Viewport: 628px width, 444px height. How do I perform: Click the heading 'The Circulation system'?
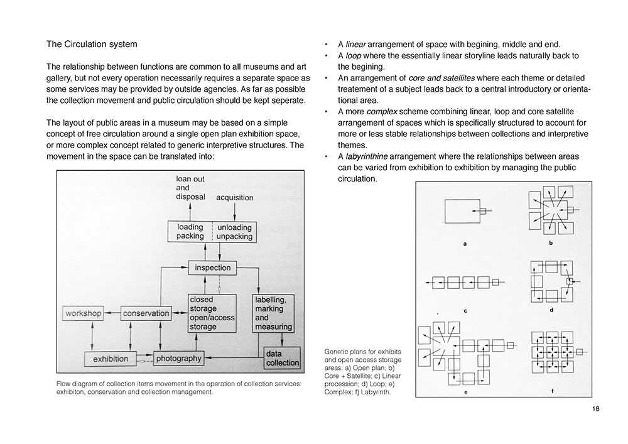point(92,45)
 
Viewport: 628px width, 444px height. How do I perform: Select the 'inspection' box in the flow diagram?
point(213,268)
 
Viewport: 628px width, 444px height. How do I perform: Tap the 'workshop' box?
point(83,313)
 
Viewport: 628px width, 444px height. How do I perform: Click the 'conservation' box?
point(145,313)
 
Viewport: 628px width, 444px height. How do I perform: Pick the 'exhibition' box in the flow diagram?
point(111,359)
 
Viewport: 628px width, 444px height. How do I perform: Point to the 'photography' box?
point(178,359)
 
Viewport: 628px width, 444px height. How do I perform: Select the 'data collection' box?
point(283,358)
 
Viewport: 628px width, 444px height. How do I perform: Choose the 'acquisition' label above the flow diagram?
point(234,197)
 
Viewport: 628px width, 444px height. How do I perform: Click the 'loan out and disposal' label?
point(190,188)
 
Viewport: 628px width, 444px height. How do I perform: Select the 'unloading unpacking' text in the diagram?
point(235,232)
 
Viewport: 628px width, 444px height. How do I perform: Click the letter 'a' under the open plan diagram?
point(465,244)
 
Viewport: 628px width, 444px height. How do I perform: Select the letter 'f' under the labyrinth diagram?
point(552,391)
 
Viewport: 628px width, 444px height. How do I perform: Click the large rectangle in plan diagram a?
point(462,210)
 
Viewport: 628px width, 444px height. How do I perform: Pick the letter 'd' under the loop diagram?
point(551,310)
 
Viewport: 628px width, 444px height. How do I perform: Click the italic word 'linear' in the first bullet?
point(356,45)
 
